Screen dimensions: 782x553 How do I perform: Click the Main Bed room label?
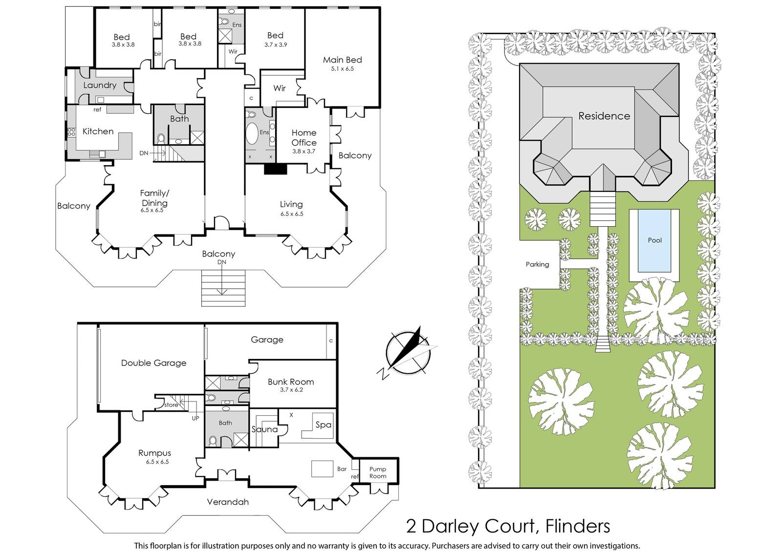(x=342, y=60)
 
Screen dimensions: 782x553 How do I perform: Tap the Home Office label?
(x=304, y=137)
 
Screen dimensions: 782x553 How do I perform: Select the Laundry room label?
(x=100, y=85)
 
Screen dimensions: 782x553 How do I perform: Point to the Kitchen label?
(x=98, y=131)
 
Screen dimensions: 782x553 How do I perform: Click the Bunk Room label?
(x=291, y=382)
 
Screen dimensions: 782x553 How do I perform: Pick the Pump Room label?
(x=378, y=472)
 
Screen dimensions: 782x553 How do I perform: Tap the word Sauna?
(x=264, y=429)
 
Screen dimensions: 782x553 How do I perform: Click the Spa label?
(x=323, y=425)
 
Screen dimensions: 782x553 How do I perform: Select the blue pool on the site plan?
(x=654, y=240)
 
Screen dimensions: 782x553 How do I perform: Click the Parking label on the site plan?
(x=537, y=264)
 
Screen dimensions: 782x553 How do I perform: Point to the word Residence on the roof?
(x=604, y=116)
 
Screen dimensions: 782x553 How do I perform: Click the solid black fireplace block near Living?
(x=276, y=169)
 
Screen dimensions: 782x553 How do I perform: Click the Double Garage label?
(x=153, y=363)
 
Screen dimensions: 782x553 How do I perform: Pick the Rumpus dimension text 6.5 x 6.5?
(x=157, y=462)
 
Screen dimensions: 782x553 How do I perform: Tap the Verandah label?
(x=228, y=502)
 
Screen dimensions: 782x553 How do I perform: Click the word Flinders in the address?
(x=577, y=526)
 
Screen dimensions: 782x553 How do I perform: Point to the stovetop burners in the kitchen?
(x=71, y=132)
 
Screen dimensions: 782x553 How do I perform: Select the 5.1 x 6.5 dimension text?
(x=342, y=69)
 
